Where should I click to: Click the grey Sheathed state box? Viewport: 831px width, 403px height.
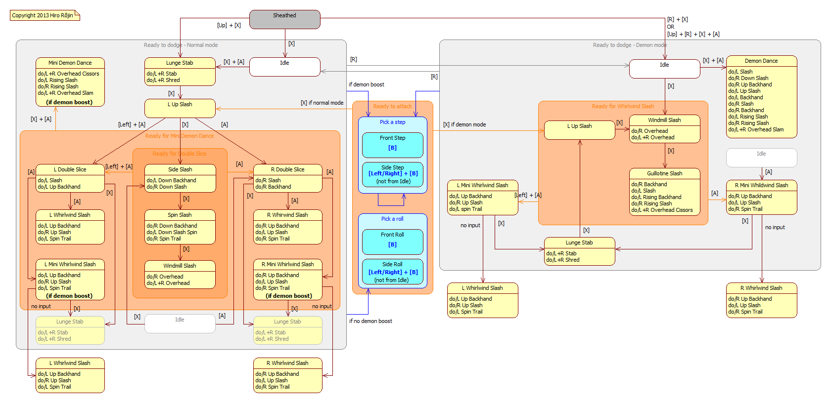[284, 19]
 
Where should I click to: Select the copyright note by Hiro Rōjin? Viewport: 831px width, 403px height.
[44, 15]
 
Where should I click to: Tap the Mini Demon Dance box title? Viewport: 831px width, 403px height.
[70, 63]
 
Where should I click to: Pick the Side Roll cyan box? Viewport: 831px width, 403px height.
[392, 272]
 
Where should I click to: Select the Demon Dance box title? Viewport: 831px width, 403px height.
[761, 61]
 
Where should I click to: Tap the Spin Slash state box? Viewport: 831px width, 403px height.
[180, 227]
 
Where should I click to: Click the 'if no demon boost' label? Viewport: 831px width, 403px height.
[370, 321]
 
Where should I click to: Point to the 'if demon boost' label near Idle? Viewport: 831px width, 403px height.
[366, 84]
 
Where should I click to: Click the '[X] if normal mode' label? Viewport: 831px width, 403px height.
[322, 103]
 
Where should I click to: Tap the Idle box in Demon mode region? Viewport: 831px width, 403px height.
[664, 69]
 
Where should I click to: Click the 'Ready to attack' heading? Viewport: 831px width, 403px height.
[392, 106]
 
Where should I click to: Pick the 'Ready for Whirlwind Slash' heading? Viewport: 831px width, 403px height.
[622, 106]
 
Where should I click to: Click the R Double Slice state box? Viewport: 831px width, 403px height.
[287, 178]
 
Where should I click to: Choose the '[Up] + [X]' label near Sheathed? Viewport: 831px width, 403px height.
[229, 25]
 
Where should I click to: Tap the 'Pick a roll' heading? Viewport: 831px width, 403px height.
[392, 219]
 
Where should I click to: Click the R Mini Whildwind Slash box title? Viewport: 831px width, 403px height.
[761, 185]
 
